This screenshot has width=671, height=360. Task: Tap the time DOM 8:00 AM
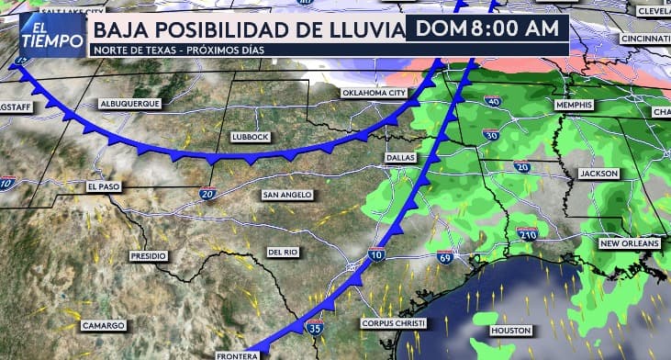click(x=486, y=28)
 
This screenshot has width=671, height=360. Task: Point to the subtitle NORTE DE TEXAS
click(x=125, y=50)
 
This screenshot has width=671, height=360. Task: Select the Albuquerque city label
click(x=130, y=104)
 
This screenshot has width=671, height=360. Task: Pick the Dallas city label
click(x=400, y=158)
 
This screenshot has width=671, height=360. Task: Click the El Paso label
click(x=105, y=186)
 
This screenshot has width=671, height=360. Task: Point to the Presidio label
click(x=148, y=256)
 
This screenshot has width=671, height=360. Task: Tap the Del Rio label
click(x=284, y=252)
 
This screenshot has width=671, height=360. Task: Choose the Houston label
click(x=511, y=330)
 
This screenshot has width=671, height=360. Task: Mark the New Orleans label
click(x=629, y=244)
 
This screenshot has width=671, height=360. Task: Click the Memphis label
click(x=575, y=107)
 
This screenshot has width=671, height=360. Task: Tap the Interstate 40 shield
click(x=492, y=101)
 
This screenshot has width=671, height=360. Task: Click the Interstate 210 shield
click(x=527, y=234)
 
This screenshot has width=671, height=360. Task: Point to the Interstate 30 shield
click(x=491, y=136)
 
